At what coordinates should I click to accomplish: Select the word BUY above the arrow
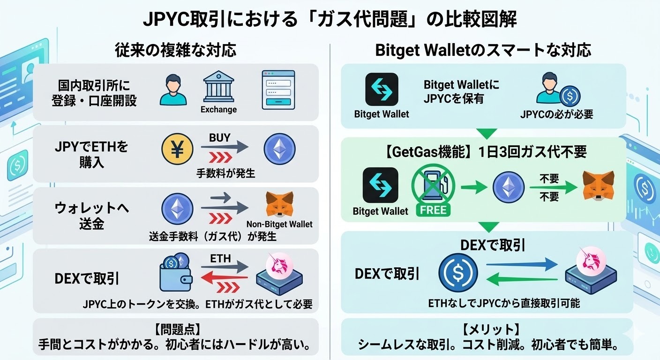coord(219,138)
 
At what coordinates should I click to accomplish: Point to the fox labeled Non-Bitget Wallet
coord(279,205)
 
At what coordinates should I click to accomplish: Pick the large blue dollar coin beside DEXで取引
coord(458,273)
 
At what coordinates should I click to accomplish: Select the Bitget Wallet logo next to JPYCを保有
coord(382,89)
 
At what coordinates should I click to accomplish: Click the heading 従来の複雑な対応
coord(176,50)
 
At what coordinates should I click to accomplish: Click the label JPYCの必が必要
coord(556,114)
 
